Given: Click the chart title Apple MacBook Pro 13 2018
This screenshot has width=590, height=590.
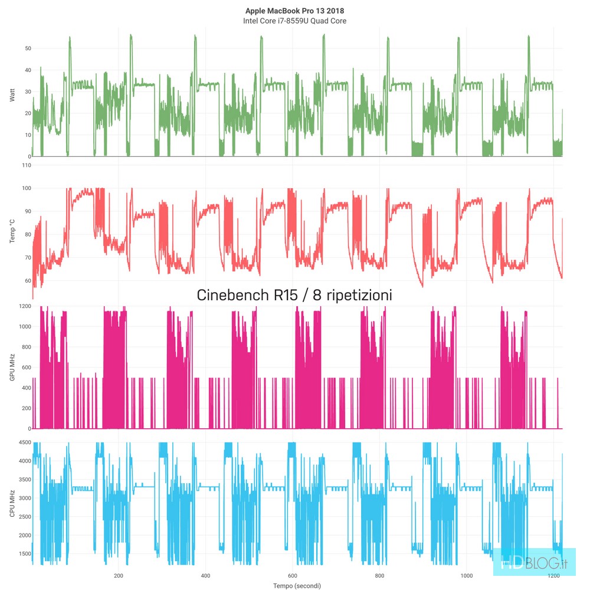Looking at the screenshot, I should click(294, 11).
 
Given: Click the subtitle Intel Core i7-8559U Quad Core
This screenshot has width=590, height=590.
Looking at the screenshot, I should click(294, 21).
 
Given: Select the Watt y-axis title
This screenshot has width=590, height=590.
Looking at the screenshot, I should click(12, 95).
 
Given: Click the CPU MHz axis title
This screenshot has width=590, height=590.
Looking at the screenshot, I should click(12, 504).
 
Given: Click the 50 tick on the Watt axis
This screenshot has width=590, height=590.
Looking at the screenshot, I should click(27, 48).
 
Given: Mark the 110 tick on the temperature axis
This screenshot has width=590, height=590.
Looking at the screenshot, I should click(25, 165).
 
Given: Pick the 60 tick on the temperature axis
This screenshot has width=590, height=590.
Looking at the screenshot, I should click(27, 281).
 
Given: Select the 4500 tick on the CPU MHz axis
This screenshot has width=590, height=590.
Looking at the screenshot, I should click(24, 442).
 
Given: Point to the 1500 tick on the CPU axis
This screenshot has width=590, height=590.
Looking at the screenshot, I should click(24, 553).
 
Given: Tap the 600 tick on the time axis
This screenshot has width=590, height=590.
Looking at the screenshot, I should click(293, 575).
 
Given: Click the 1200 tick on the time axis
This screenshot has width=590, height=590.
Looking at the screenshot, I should click(553, 575).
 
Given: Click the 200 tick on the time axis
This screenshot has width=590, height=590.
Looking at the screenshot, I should click(119, 575).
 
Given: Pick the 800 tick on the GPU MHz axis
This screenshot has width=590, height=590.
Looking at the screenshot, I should click(25, 347).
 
